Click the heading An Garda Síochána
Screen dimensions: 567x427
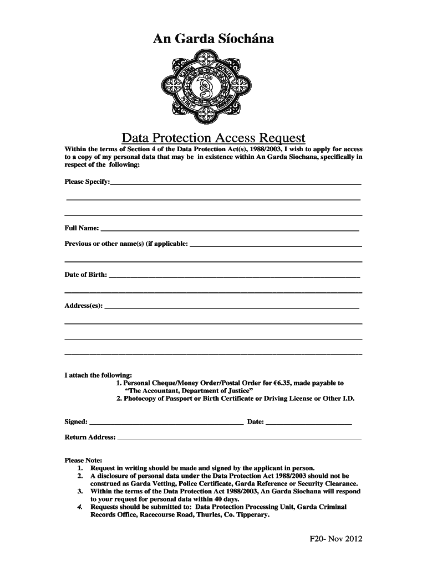(213, 38)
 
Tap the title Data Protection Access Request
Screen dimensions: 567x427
(213, 137)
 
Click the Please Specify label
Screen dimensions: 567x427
(87, 182)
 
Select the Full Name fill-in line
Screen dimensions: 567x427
(230, 228)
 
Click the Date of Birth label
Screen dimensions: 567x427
(86, 275)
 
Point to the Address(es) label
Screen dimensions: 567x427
(84, 306)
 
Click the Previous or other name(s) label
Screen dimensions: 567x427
(126, 244)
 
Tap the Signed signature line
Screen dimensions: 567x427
(166, 422)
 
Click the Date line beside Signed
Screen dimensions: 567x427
(309, 422)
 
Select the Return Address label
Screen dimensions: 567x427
(90, 437)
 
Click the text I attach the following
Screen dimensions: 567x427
(98, 375)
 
